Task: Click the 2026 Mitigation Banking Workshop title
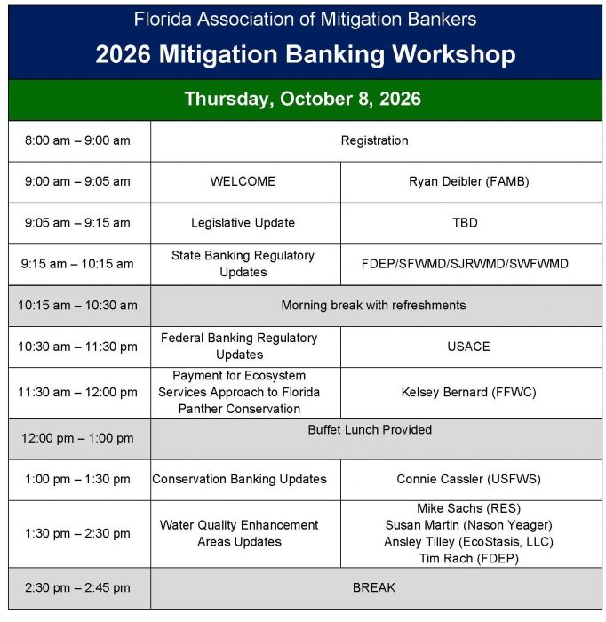(x=306, y=54)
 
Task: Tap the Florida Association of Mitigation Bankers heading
(x=305, y=19)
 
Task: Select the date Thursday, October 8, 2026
(x=303, y=99)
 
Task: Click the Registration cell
(x=374, y=140)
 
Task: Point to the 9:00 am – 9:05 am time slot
(x=77, y=181)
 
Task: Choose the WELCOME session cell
(x=243, y=181)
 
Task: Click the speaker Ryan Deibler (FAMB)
(x=469, y=181)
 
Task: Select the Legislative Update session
(x=243, y=222)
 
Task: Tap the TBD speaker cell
(x=465, y=222)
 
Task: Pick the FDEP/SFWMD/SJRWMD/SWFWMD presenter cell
(x=465, y=264)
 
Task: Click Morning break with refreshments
(x=373, y=305)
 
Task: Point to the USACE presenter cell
(x=468, y=347)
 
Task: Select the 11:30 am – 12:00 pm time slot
(x=77, y=393)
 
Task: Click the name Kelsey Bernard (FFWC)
(x=469, y=393)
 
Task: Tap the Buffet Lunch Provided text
(x=370, y=429)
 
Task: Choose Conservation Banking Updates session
(x=239, y=479)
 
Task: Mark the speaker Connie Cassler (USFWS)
(x=469, y=479)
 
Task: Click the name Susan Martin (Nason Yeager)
(x=469, y=525)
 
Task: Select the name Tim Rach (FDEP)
(x=469, y=559)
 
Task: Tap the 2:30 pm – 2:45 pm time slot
(x=77, y=588)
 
